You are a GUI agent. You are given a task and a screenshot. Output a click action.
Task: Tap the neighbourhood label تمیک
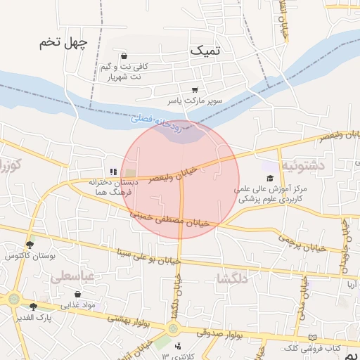pyautogui.click(x=205, y=51)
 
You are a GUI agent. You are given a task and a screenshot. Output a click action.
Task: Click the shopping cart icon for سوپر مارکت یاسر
pyautogui.click(x=194, y=89)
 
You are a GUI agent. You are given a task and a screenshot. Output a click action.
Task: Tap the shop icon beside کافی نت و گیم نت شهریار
pyautogui.click(x=124, y=56)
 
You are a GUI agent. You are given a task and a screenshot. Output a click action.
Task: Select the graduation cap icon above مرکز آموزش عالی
pyautogui.click(x=270, y=177)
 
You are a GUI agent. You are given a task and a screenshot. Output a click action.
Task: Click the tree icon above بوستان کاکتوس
pyautogui.click(x=30, y=245)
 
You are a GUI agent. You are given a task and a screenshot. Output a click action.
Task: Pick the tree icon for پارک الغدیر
pyautogui.click(x=33, y=306)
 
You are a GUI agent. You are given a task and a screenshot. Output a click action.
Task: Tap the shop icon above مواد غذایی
pyautogui.click(x=77, y=295)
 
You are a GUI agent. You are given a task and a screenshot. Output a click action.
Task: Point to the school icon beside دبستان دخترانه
pyautogui.click(x=112, y=171)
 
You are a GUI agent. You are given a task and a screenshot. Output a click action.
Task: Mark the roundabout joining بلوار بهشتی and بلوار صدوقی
pyautogui.click(x=173, y=328)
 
